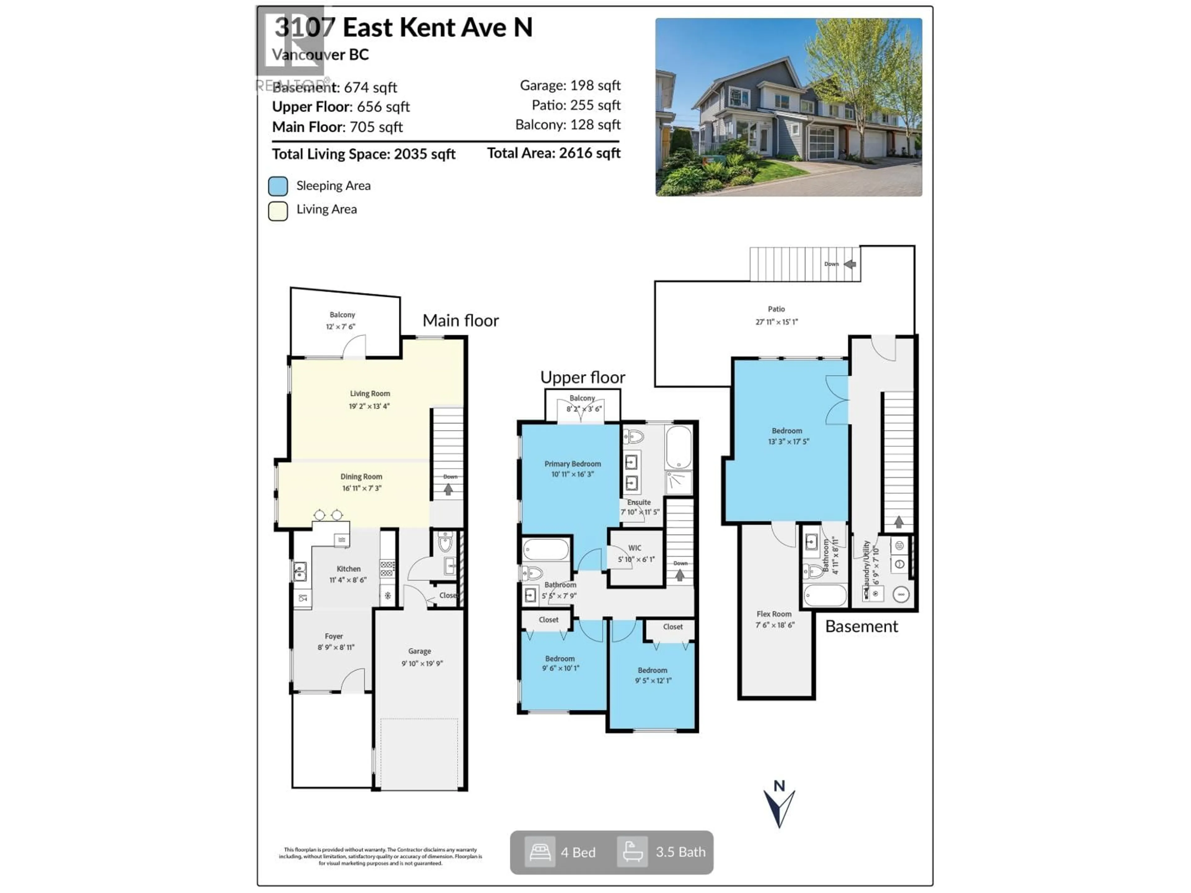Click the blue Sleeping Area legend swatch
pyautogui.click(x=278, y=186)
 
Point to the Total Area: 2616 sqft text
pyautogui.click(x=554, y=153)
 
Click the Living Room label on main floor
pyautogui.click(x=370, y=393)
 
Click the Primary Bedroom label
pyautogui.click(x=572, y=464)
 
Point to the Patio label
pyautogui.click(x=776, y=309)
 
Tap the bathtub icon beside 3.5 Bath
pyautogui.click(x=632, y=852)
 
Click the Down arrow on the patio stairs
pyautogui.click(x=850, y=264)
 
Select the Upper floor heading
pyautogui.click(x=582, y=377)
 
